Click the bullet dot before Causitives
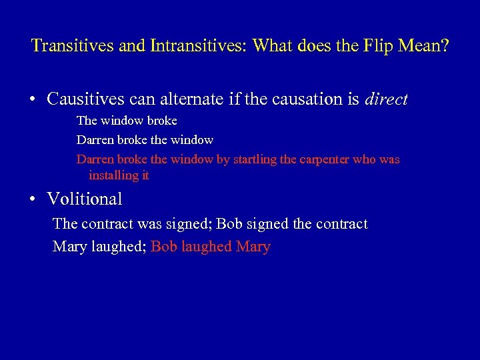point(33,100)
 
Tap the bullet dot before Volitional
point(33,199)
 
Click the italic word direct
point(387,99)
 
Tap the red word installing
point(111,175)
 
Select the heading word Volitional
point(85,199)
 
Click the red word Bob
point(164,247)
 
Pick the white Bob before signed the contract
point(229,224)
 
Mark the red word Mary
point(253,247)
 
